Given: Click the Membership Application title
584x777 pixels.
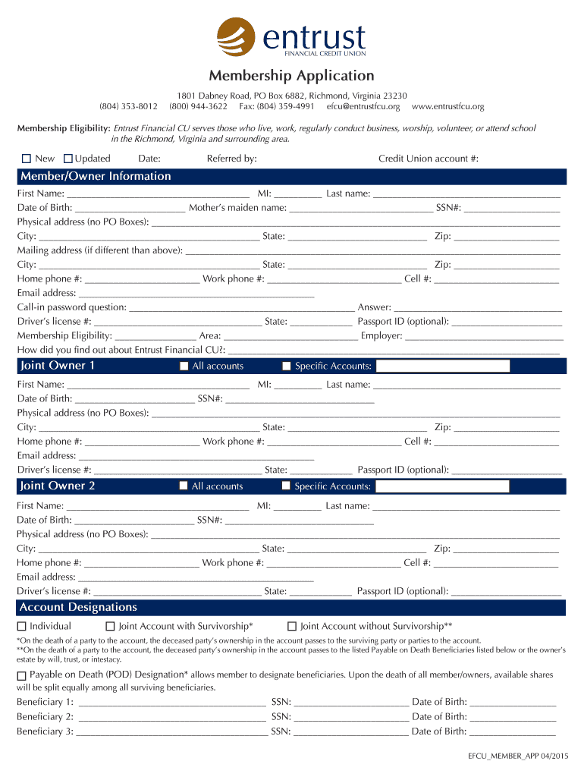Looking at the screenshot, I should pyautogui.click(x=292, y=76).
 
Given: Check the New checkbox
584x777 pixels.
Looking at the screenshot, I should pyautogui.click(x=26, y=159).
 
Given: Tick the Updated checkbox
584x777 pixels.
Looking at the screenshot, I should pyautogui.click(x=68, y=159).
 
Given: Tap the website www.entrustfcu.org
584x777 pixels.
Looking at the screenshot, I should pyautogui.click(x=447, y=107).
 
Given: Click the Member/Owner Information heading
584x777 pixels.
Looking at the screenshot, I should pyautogui.click(x=96, y=177).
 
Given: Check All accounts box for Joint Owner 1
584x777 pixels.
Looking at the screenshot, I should pyautogui.click(x=184, y=366).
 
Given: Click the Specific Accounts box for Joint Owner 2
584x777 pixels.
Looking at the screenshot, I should pyautogui.click(x=442, y=486).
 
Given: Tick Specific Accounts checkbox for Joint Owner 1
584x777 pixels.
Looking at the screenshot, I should pyautogui.click(x=287, y=366).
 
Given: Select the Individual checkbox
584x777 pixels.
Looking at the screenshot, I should pyautogui.click(x=22, y=627).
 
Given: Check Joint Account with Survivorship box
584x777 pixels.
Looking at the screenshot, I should pyautogui.click(x=110, y=627).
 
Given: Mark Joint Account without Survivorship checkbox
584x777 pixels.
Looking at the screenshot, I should pyautogui.click(x=292, y=627).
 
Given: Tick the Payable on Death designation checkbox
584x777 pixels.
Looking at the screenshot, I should pyautogui.click(x=22, y=675).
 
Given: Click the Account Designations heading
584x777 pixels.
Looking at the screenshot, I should pyautogui.click(x=78, y=608).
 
